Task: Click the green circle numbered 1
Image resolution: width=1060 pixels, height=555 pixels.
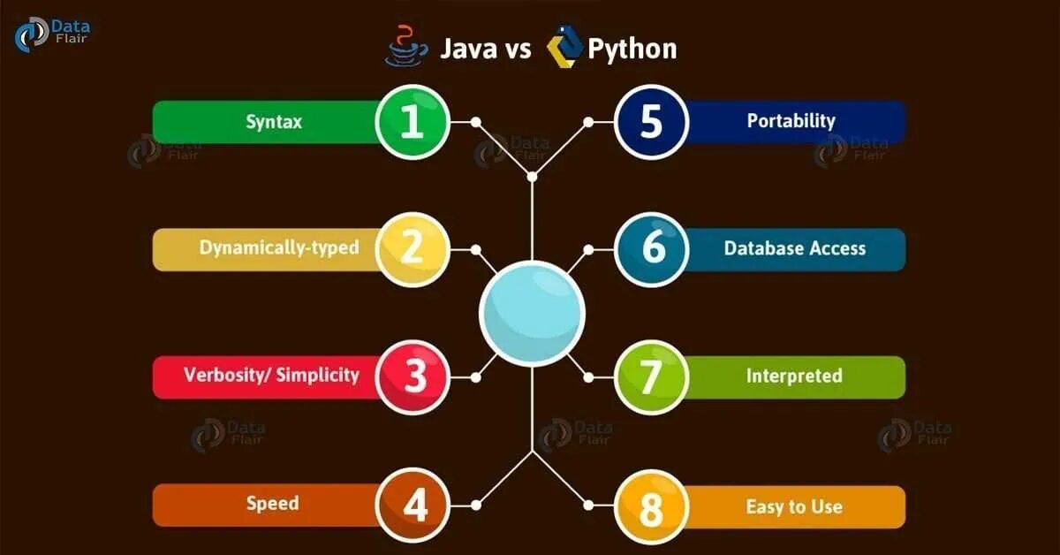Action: (x=413, y=122)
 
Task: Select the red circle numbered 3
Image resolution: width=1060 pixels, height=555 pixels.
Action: (x=413, y=376)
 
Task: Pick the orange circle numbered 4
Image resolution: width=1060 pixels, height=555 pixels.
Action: (x=413, y=506)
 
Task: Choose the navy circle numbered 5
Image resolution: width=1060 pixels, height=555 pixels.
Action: (x=651, y=122)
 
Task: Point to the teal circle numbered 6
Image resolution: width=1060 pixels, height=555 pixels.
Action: (x=651, y=248)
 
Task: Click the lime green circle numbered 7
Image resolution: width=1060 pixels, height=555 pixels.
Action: (x=651, y=376)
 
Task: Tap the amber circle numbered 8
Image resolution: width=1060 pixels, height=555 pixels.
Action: (x=651, y=506)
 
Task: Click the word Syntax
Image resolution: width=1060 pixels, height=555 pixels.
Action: (x=274, y=122)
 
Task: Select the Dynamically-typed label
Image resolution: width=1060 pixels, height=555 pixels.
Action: (x=279, y=247)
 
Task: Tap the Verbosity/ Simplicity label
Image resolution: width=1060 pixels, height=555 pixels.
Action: (x=272, y=375)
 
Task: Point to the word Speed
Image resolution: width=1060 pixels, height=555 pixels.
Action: (x=273, y=504)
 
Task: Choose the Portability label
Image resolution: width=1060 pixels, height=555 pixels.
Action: (x=791, y=121)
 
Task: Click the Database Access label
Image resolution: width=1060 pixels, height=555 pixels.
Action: (x=795, y=248)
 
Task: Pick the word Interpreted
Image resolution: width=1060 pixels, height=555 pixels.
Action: (x=794, y=376)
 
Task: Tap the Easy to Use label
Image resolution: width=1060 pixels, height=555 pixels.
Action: (x=794, y=506)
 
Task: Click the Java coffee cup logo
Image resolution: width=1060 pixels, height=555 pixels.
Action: (x=406, y=46)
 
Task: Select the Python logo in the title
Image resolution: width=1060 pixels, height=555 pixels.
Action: (x=564, y=47)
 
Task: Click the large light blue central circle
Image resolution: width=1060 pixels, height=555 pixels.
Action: (x=532, y=313)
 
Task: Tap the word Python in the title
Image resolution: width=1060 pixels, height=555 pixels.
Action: (x=632, y=49)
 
